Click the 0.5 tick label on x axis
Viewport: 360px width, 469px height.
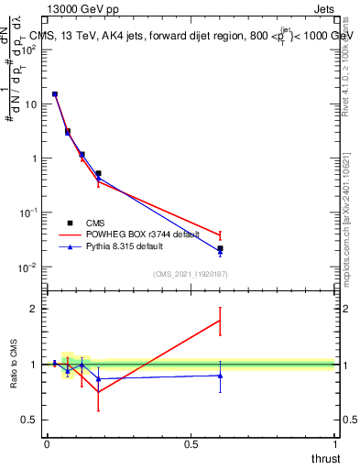pyautogui.click(x=191, y=443)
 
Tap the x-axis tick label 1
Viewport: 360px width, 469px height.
pyautogui.click(x=335, y=443)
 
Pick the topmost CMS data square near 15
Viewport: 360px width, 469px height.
pyautogui.click(x=55, y=93)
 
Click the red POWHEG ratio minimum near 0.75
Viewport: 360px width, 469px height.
pyautogui.click(x=98, y=392)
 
